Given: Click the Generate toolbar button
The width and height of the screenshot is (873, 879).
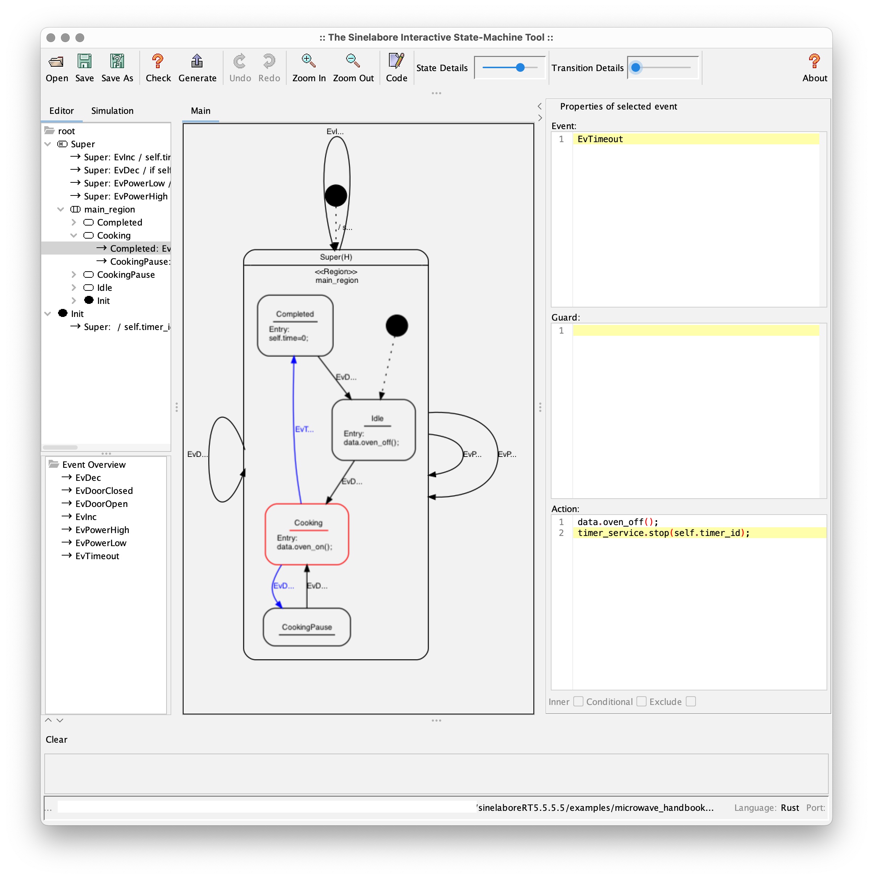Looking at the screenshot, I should pyautogui.click(x=197, y=67).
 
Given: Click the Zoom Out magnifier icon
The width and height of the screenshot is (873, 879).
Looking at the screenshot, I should pyautogui.click(x=353, y=61).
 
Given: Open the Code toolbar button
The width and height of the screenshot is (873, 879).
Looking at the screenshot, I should pyautogui.click(x=396, y=67).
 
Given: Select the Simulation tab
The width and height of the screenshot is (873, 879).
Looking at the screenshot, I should pyautogui.click(x=112, y=111).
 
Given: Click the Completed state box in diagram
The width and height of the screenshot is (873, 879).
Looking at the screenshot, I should pyautogui.click(x=295, y=326).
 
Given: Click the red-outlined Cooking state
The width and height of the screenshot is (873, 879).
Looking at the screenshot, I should pyautogui.click(x=307, y=534).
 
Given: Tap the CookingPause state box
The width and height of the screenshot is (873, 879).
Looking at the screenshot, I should pyautogui.click(x=307, y=627).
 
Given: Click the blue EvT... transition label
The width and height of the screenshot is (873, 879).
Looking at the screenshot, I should pyautogui.click(x=304, y=429).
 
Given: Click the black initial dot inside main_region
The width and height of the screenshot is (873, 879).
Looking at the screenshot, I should pyautogui.click(x=397, y=326).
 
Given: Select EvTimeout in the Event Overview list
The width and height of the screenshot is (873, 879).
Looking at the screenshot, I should pyautogui.click(x=97, y=556).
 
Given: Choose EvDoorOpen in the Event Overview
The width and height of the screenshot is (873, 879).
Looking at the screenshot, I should pyautogui.click(x=101, y=504).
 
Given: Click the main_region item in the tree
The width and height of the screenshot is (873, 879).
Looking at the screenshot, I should pyautogui.click(x=109, y=209).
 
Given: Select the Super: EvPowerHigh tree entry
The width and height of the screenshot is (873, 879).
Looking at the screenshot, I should pyautogui.click(x=125, y=196).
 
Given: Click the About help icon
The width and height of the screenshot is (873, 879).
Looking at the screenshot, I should pyautogui.click(x=814, y=61).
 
